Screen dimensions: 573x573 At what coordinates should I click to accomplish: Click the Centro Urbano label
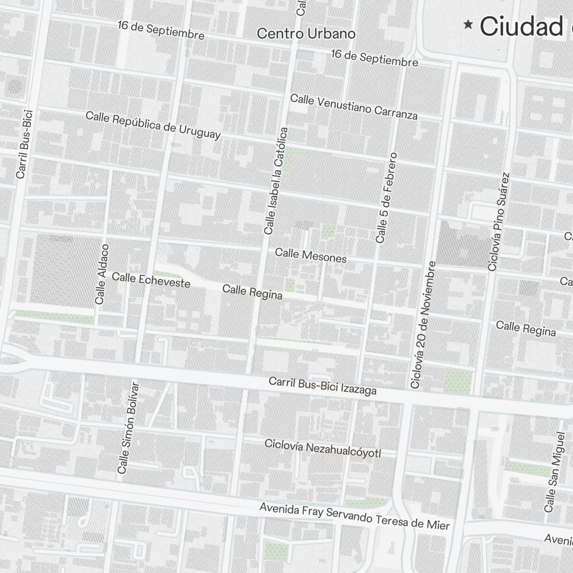(306, 33)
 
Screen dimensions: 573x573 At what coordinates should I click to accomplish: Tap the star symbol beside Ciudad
(469, 24)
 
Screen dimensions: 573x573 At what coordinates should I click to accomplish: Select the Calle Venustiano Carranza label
(354, 107)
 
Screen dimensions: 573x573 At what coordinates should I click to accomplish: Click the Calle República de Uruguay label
(153, 125)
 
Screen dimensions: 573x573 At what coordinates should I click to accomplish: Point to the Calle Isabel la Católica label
(276, 181)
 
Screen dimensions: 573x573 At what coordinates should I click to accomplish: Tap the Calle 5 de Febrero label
(386, 197)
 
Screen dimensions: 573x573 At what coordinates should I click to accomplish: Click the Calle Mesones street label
(311, 256)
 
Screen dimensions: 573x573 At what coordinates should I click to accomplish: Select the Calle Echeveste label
(151, 280)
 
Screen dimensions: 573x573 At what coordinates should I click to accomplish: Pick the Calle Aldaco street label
(101, 273)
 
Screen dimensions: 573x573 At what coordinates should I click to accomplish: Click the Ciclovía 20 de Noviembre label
(424, 324)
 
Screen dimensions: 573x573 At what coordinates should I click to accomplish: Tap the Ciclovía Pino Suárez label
(499, 221)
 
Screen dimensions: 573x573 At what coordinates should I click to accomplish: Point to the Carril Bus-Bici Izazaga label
(323, 386)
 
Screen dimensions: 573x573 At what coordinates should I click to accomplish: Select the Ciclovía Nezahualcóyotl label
(323, 449)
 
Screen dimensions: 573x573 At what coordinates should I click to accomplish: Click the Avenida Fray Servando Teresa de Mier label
(354, 516)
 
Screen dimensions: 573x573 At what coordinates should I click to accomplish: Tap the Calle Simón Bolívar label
(128, 427)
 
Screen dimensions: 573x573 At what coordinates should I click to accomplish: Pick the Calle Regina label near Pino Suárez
(525, 328)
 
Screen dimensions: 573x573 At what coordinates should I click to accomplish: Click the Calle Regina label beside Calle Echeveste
(252, 292)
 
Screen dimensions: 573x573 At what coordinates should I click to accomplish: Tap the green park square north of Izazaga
(458, 380)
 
